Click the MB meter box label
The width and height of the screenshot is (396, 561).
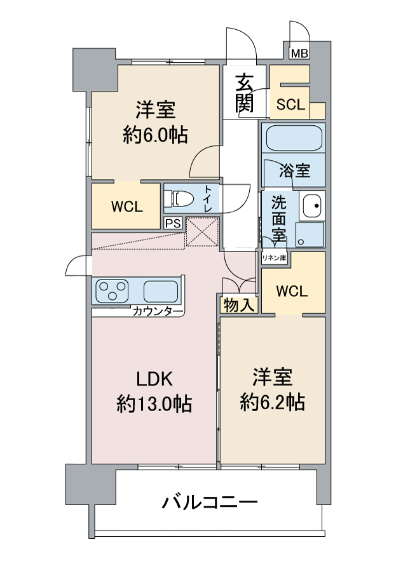(299, 53)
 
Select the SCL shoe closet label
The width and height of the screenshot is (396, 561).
(290, 104)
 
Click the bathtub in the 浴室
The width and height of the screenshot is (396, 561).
(294, 138)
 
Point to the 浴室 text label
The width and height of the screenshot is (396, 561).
(294, 171)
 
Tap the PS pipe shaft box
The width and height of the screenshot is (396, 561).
(173, 223)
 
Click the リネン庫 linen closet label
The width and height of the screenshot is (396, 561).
(274, 257)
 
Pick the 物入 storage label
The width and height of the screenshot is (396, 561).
(238, 305)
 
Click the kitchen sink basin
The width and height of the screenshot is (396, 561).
(161, 291)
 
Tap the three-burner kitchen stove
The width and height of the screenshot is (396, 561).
(113, 290)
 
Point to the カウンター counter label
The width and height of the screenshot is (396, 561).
(158, 311)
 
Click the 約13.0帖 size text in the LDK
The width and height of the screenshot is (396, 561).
(154, 404)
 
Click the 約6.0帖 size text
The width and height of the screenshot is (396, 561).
(155, 135)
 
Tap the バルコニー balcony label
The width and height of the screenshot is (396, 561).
(210, 503)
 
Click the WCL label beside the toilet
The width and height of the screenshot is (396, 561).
(126, 206)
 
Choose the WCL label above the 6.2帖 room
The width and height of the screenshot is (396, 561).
(292, 291)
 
